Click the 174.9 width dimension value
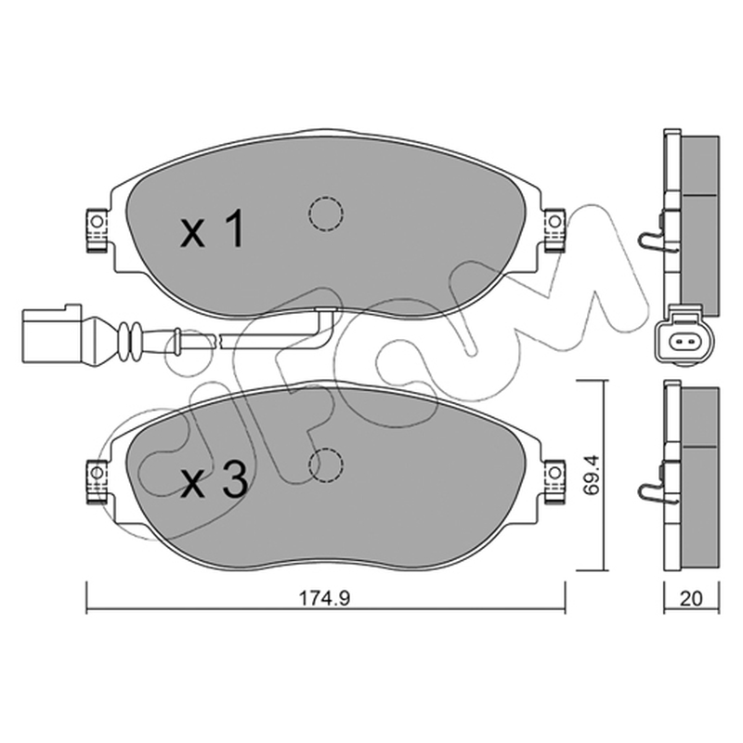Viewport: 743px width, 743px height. (324, 598)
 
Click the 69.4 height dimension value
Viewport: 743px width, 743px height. (592, 476)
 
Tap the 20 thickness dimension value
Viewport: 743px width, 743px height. (691, 598)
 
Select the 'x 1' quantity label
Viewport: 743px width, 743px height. (213, 228)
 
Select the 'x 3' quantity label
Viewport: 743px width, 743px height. (214, 479)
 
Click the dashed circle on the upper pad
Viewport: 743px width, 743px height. (326, 214)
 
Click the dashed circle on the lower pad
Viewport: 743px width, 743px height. (326, 465)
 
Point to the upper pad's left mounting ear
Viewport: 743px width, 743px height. (97, 229)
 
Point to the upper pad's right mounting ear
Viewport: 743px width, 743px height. (554, 229)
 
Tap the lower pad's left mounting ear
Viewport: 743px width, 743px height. (97, 481)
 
